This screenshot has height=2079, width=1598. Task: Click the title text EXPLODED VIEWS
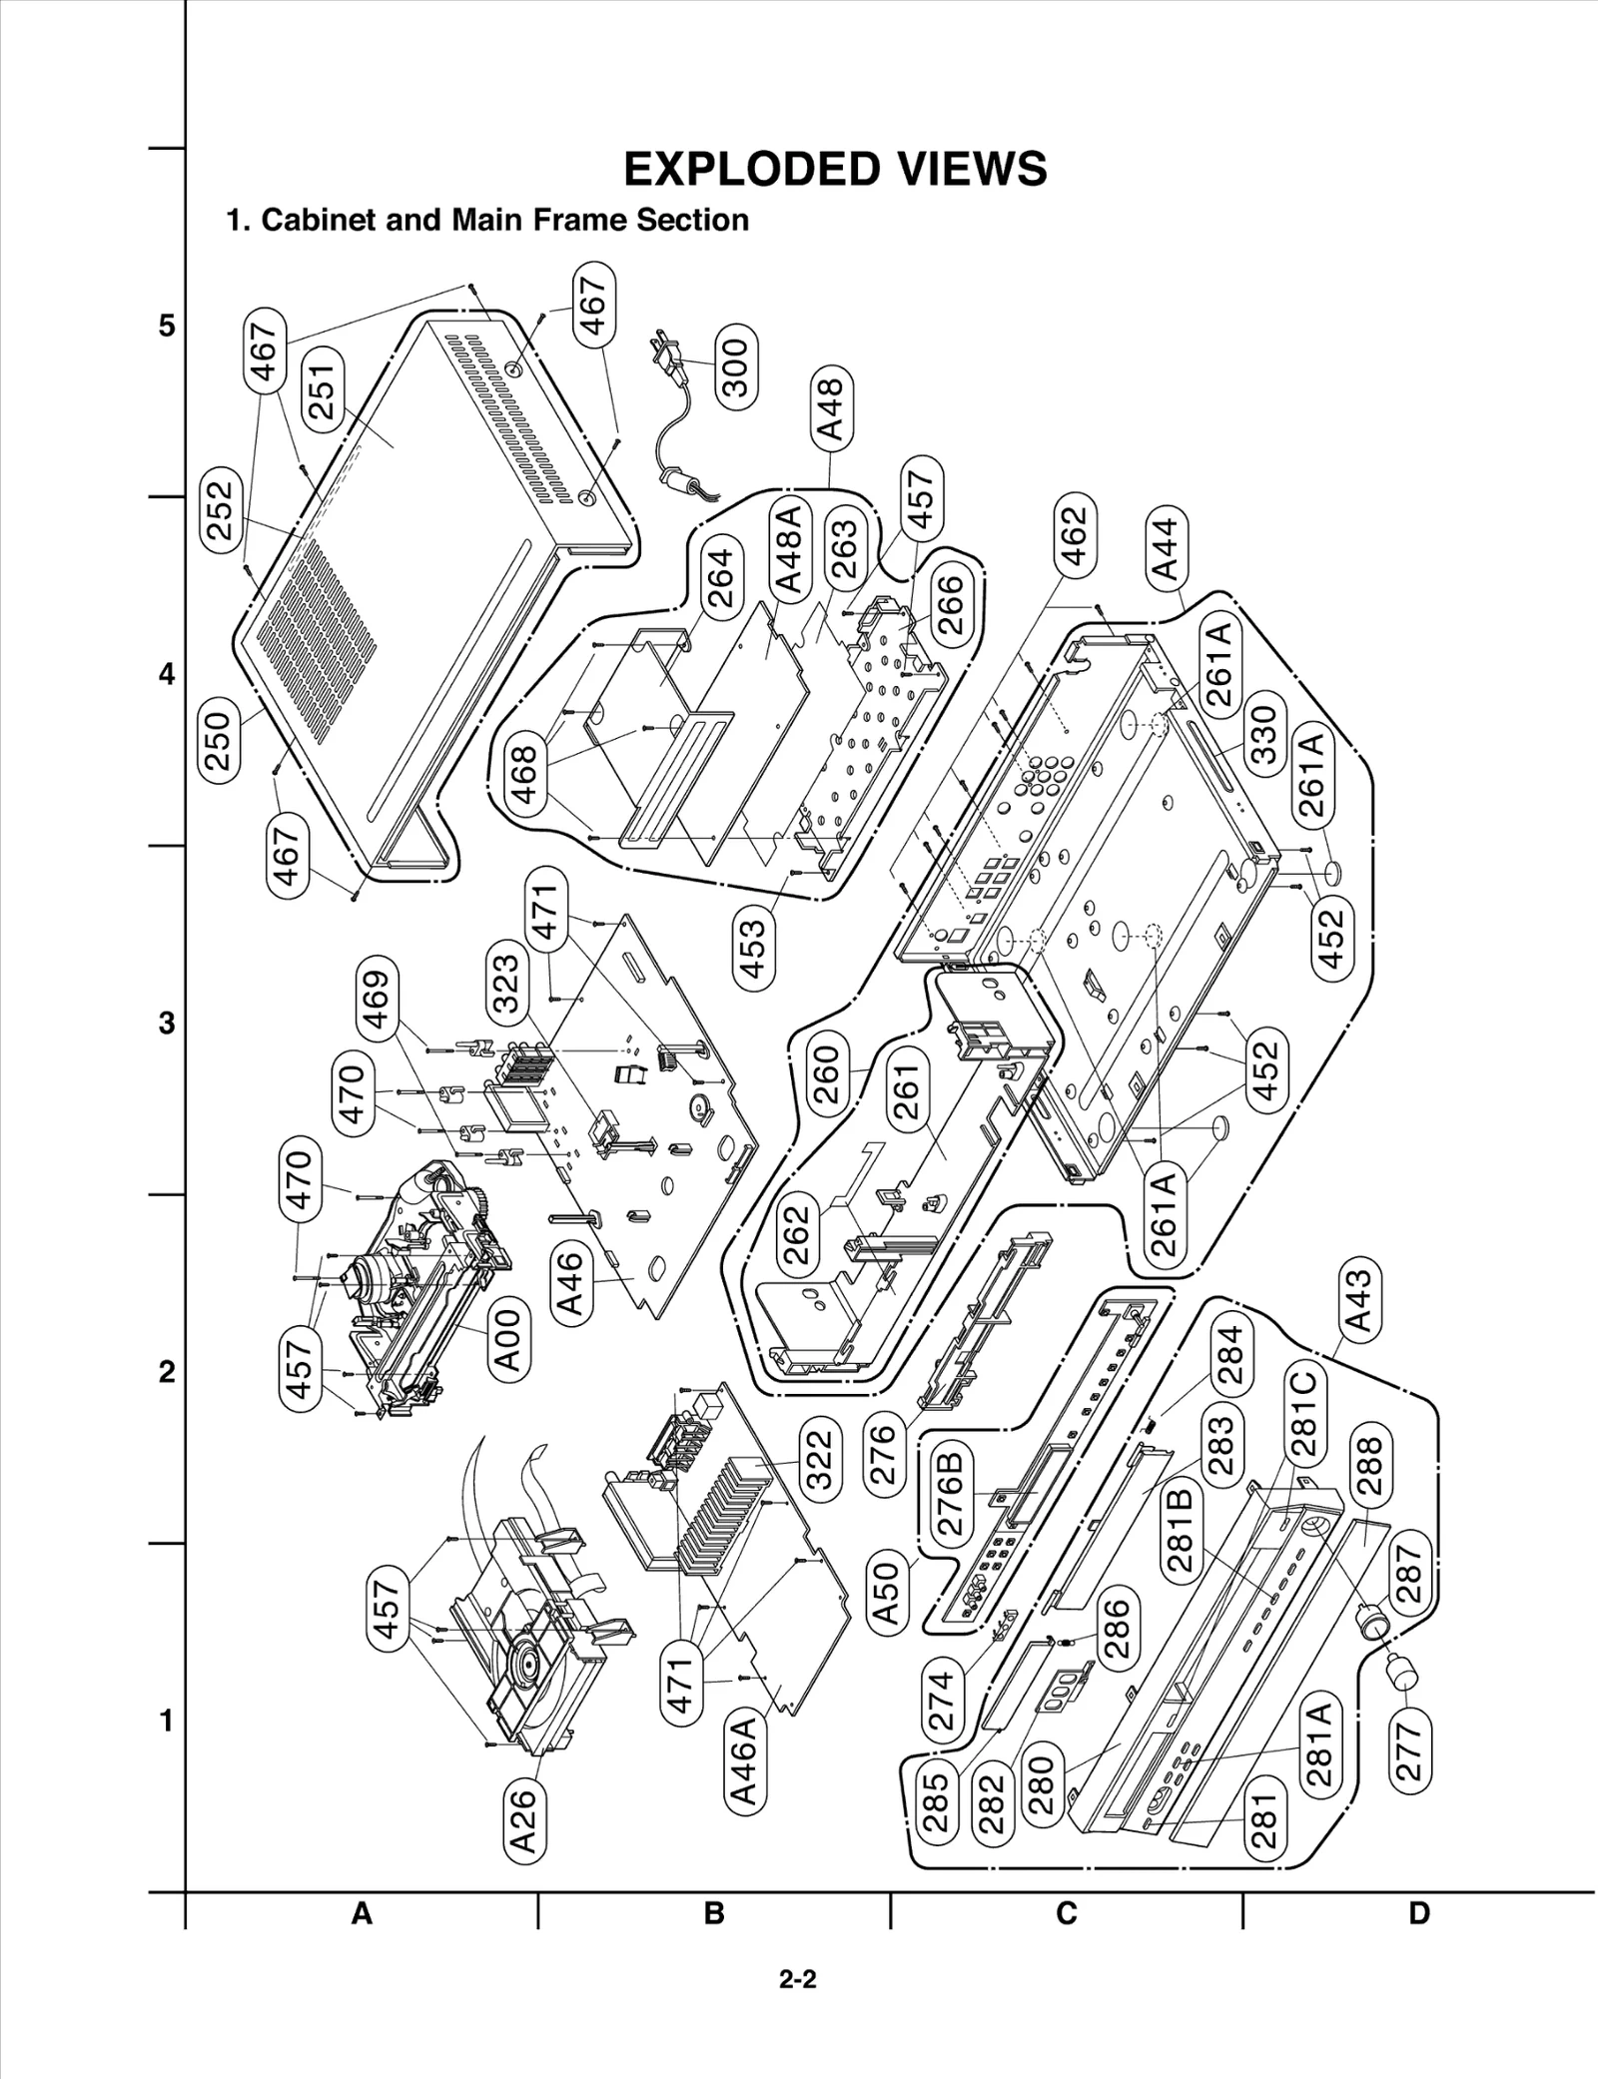pos(835,169)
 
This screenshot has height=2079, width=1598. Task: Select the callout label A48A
pos(787,550)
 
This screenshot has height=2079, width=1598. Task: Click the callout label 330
pos(1264,734)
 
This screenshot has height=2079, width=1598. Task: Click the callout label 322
pos(819,1460)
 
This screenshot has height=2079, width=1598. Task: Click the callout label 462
pos(1072,535)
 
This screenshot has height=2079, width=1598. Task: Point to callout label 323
pos(506,984)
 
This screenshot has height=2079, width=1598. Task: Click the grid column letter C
pos(1067,1913)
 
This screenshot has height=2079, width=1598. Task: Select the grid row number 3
pos(167,1024)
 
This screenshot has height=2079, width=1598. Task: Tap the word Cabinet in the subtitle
pos(318,220)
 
